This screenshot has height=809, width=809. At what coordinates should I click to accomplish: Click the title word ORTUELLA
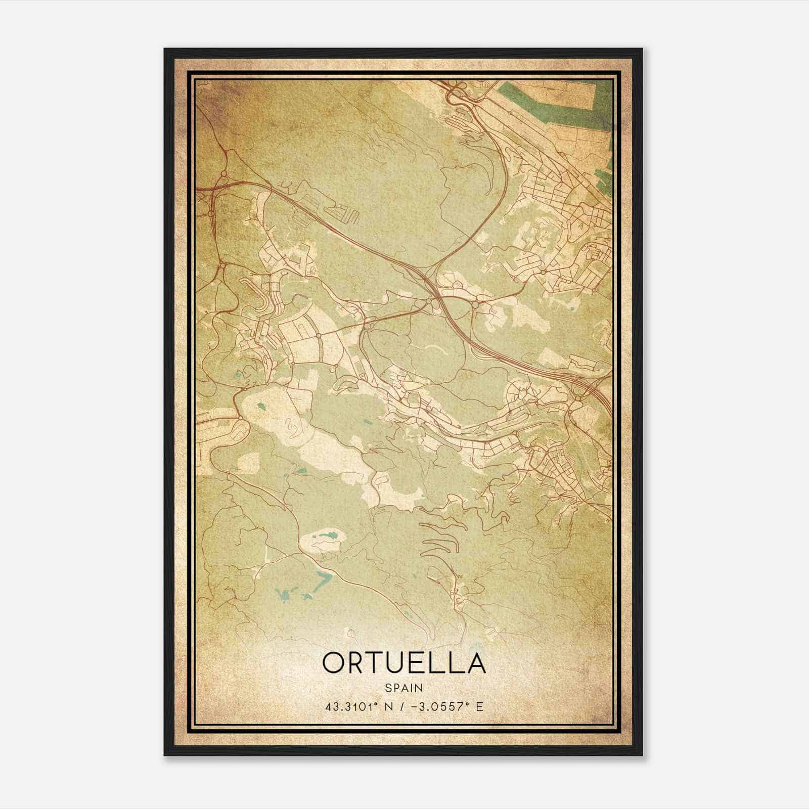(x=404, y=663)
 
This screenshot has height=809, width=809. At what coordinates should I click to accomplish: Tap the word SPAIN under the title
(x=404, y=688)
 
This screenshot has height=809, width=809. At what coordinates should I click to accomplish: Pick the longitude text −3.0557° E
(x=444, y=706)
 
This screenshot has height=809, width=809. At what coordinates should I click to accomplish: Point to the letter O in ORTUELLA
(x=334, y=663)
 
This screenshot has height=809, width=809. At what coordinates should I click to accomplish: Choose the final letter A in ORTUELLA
(x=475, y=663)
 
